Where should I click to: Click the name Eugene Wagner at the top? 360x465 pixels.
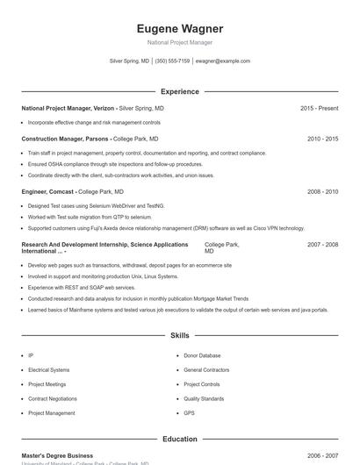click(x=180, y=28)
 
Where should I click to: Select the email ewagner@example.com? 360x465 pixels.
click(x=223, y=61)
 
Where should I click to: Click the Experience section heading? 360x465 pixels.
click(x=180, y=91)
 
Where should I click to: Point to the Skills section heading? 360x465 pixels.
click(x=180, y=335)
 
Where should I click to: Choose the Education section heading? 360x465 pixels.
click(x=180, y=439)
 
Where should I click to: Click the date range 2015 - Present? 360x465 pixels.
click(x=319, y=108)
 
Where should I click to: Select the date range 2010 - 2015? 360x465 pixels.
click(x=322, y=139)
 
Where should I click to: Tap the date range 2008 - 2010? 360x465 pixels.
click(x=322, y=190)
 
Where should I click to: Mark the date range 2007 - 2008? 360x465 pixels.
click(x=322, y=245)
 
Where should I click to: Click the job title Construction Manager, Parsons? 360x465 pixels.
click(x=65, y=139)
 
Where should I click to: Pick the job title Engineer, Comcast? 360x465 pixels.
click(x=48, y=190)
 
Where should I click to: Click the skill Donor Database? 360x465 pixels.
click(x=202, y=355)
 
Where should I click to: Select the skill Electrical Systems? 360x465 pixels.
click(x=48, y=370)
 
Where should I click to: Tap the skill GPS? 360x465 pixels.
click(x=189, y=412)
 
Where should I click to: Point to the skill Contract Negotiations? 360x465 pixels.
click(x=53, y=398)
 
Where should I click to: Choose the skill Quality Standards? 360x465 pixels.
click(x=204, y=398)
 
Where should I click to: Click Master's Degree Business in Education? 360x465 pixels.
click(x=57, y=455)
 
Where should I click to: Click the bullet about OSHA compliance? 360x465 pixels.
click(x=103, y=164)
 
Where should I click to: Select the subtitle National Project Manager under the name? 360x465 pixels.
click(x=180, y=42)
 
